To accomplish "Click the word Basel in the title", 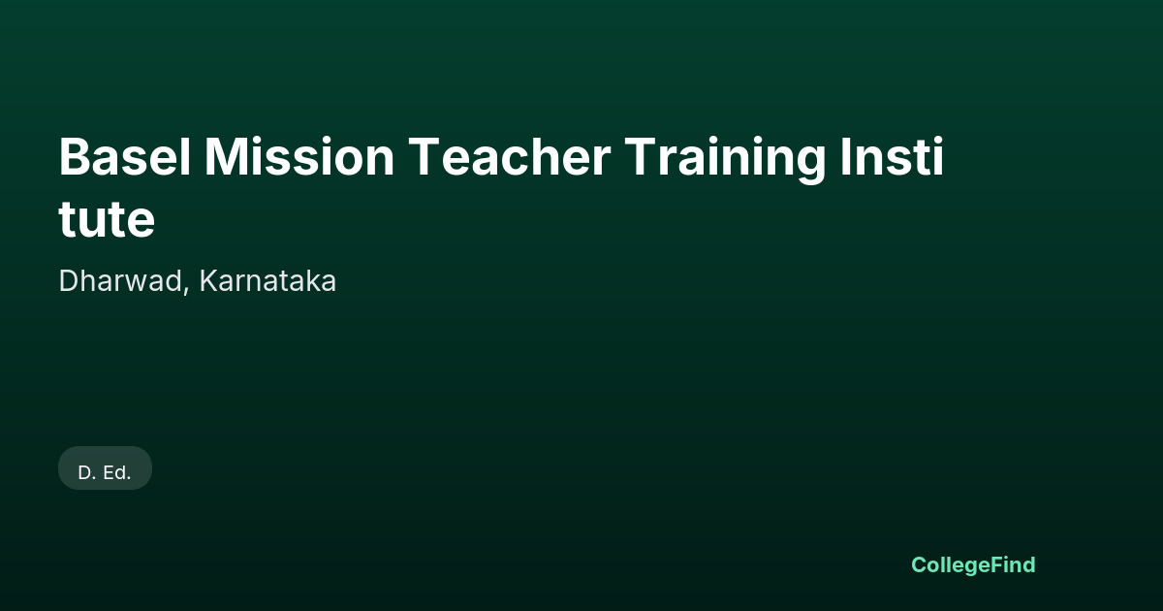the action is click(125, 157).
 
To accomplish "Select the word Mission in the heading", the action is click(299, 157).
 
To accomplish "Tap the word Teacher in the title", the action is click(510, 157).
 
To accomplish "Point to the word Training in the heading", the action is click(725, 160).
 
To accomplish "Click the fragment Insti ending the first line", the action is click(892, 156).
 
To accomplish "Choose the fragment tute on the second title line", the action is click(107, 219).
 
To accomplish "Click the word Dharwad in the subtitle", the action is click(120, 281).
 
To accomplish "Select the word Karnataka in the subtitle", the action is click(267, 281).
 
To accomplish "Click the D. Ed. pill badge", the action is click(105, 468).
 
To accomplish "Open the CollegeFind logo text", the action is click(973, 565).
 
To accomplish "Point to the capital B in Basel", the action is click(74, 157).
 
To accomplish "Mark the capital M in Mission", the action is click(227, 157).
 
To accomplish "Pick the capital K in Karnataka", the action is click(208, 281).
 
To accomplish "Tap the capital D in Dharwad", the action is click(69, 281).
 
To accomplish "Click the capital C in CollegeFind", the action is click(920, 564).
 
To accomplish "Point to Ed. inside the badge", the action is click(117, 473).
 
